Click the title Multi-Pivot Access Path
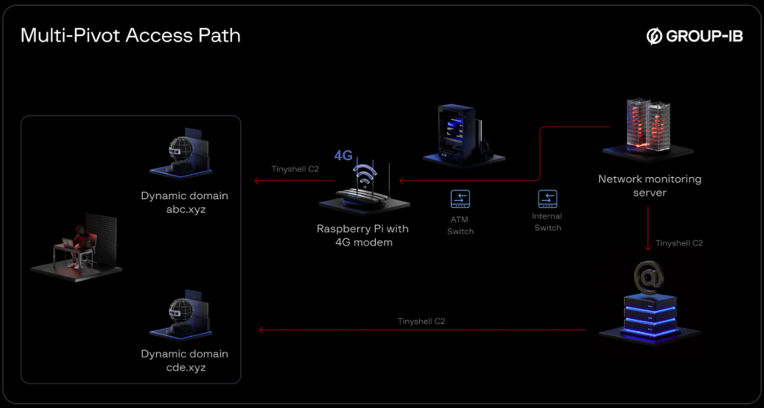[x=130, y=36]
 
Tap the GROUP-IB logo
[x=695, y=36]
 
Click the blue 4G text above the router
[x=343, y=155]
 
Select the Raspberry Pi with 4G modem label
[x=363, y=235]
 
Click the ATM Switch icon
[x=460, y=198]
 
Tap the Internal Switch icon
[x=547, y=198]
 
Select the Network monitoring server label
[x=650, y=185]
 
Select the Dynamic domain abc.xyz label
[x=184, y=202]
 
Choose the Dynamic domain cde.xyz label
[x=184, y=361]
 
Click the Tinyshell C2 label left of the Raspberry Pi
[x=295, y=170]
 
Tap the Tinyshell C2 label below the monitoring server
[x=679, y=243]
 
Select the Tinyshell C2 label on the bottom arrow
[x=422, y=322]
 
